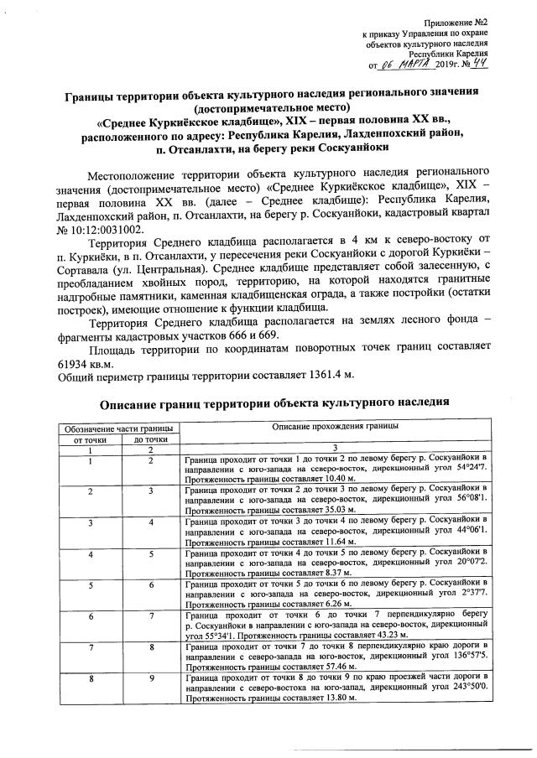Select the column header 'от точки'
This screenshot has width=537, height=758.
pyautogui.click(x=90, y=438)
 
